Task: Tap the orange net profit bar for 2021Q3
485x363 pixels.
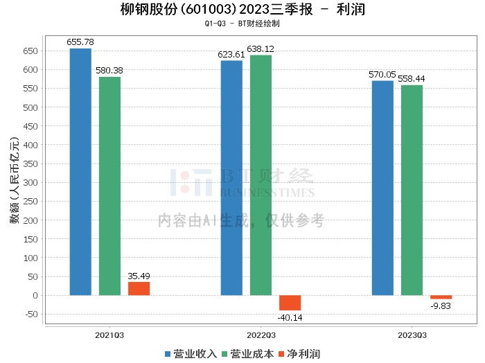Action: [x=139, y=288]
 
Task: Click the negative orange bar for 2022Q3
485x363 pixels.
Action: [x=290, y=303]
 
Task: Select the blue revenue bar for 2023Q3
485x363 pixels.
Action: [x=382, y=188]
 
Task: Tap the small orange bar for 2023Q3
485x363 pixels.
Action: [x=441, y=297]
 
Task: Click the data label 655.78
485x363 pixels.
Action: [x=80, y=42]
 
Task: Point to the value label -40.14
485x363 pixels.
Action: [x=290, y=317]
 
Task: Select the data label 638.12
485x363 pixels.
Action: [x=261, y=49]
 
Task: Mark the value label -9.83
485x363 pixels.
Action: [x=441, y=306]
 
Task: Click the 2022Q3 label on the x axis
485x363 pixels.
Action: [x=261, y=335]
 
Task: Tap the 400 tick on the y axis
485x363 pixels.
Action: [x=29, y=145]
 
